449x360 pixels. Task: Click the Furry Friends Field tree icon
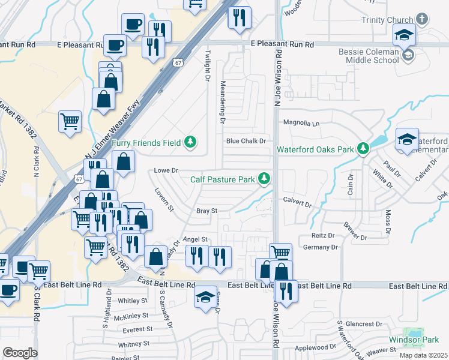(x=190, y=142)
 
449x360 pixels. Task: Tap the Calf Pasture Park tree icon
(x=264, y=178)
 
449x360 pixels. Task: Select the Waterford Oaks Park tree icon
(x=363, y=148)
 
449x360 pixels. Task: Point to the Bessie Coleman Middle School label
(x=369, y=56)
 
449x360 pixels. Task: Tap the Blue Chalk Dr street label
(x=246, y=141)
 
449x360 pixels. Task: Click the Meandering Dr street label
(x=222, y=102)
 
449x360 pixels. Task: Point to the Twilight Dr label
(x=208, y=66)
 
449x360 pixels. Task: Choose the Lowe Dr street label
(x=167, y=170)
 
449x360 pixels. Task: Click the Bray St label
(x=206, y=211)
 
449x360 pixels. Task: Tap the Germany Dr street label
(x=321, y=247)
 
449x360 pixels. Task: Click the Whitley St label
(x=133, y=301)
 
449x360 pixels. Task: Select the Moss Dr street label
(x=388, y=222)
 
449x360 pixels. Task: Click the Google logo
(x=20, y=352)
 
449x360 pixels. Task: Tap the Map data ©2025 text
(x=423, y=355)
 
